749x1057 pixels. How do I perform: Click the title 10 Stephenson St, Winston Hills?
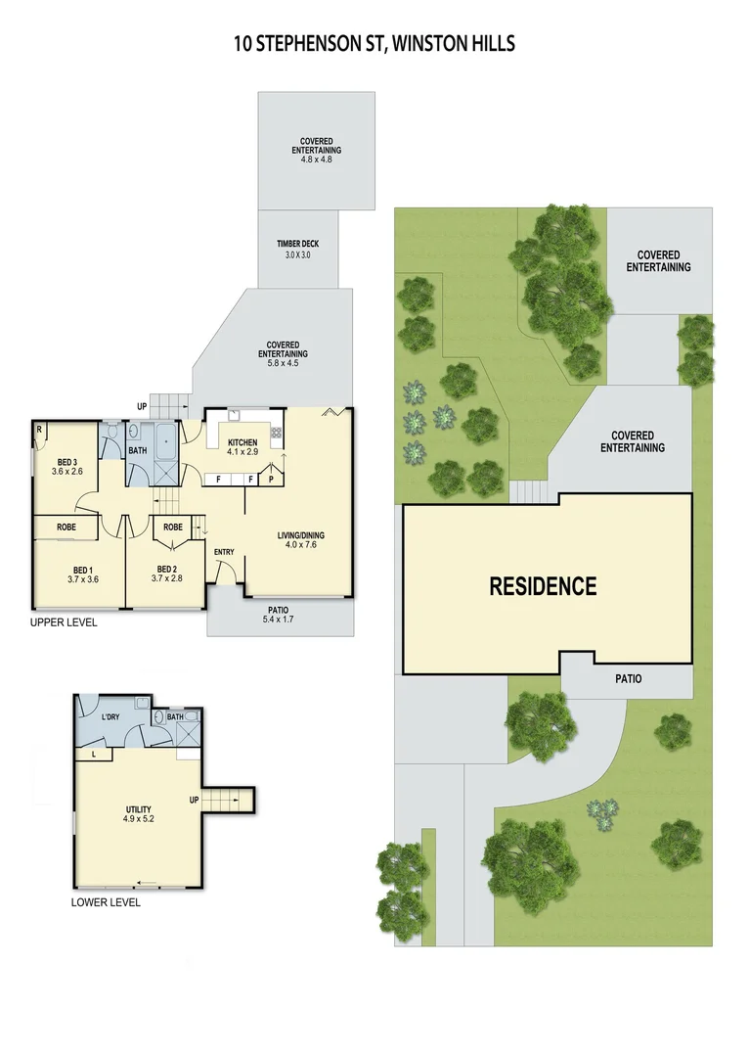point(374,43)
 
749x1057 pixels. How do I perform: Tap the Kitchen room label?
point(242,441)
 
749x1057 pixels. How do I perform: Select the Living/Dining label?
point(301,535)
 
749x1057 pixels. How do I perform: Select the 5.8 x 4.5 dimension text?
point(284,361)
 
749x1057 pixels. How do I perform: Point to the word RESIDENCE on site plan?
point(543,586)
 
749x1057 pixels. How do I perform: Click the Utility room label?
point(138,809)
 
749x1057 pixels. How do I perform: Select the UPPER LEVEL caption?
point(64,622)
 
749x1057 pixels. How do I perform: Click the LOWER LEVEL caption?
point(106,902)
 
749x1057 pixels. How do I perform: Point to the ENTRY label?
point(224,553)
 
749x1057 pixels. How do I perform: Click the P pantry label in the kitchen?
point(271,480)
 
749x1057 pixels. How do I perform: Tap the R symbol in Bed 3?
point(39,429)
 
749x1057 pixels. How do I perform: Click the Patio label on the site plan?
point(628,678)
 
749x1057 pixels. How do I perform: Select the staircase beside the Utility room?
point(228,799)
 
